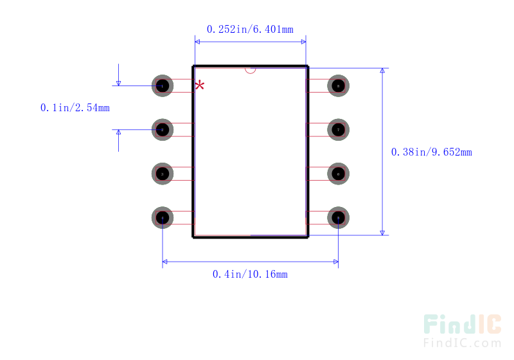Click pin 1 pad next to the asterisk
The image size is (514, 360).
pos(163,85)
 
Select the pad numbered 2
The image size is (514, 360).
pos(163,130)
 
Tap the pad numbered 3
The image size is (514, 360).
pos(163,174)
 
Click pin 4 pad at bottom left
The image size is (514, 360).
pos(163,218)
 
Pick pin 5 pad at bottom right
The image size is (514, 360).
pos(338,218)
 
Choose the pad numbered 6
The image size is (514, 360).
pos(338,174)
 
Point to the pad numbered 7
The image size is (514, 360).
pos(338,130)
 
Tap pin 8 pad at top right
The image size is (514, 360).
pos(338,85)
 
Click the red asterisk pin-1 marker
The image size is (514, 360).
pos(200,85)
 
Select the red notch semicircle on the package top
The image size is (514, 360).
pos(251,70)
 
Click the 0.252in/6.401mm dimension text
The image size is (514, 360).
pos(250,29)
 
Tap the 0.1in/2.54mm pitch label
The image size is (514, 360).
pos(75,108)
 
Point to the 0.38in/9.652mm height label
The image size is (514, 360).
pos(431,152)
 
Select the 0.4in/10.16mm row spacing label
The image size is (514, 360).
pos(250,274)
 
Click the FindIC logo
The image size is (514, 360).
pos(462,325)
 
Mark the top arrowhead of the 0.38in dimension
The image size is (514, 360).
pos(382,71)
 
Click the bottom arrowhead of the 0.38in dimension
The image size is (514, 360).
pos(382,232)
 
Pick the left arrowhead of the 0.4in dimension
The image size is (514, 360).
pos(166,262)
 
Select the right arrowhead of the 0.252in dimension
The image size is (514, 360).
pos(303,42)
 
